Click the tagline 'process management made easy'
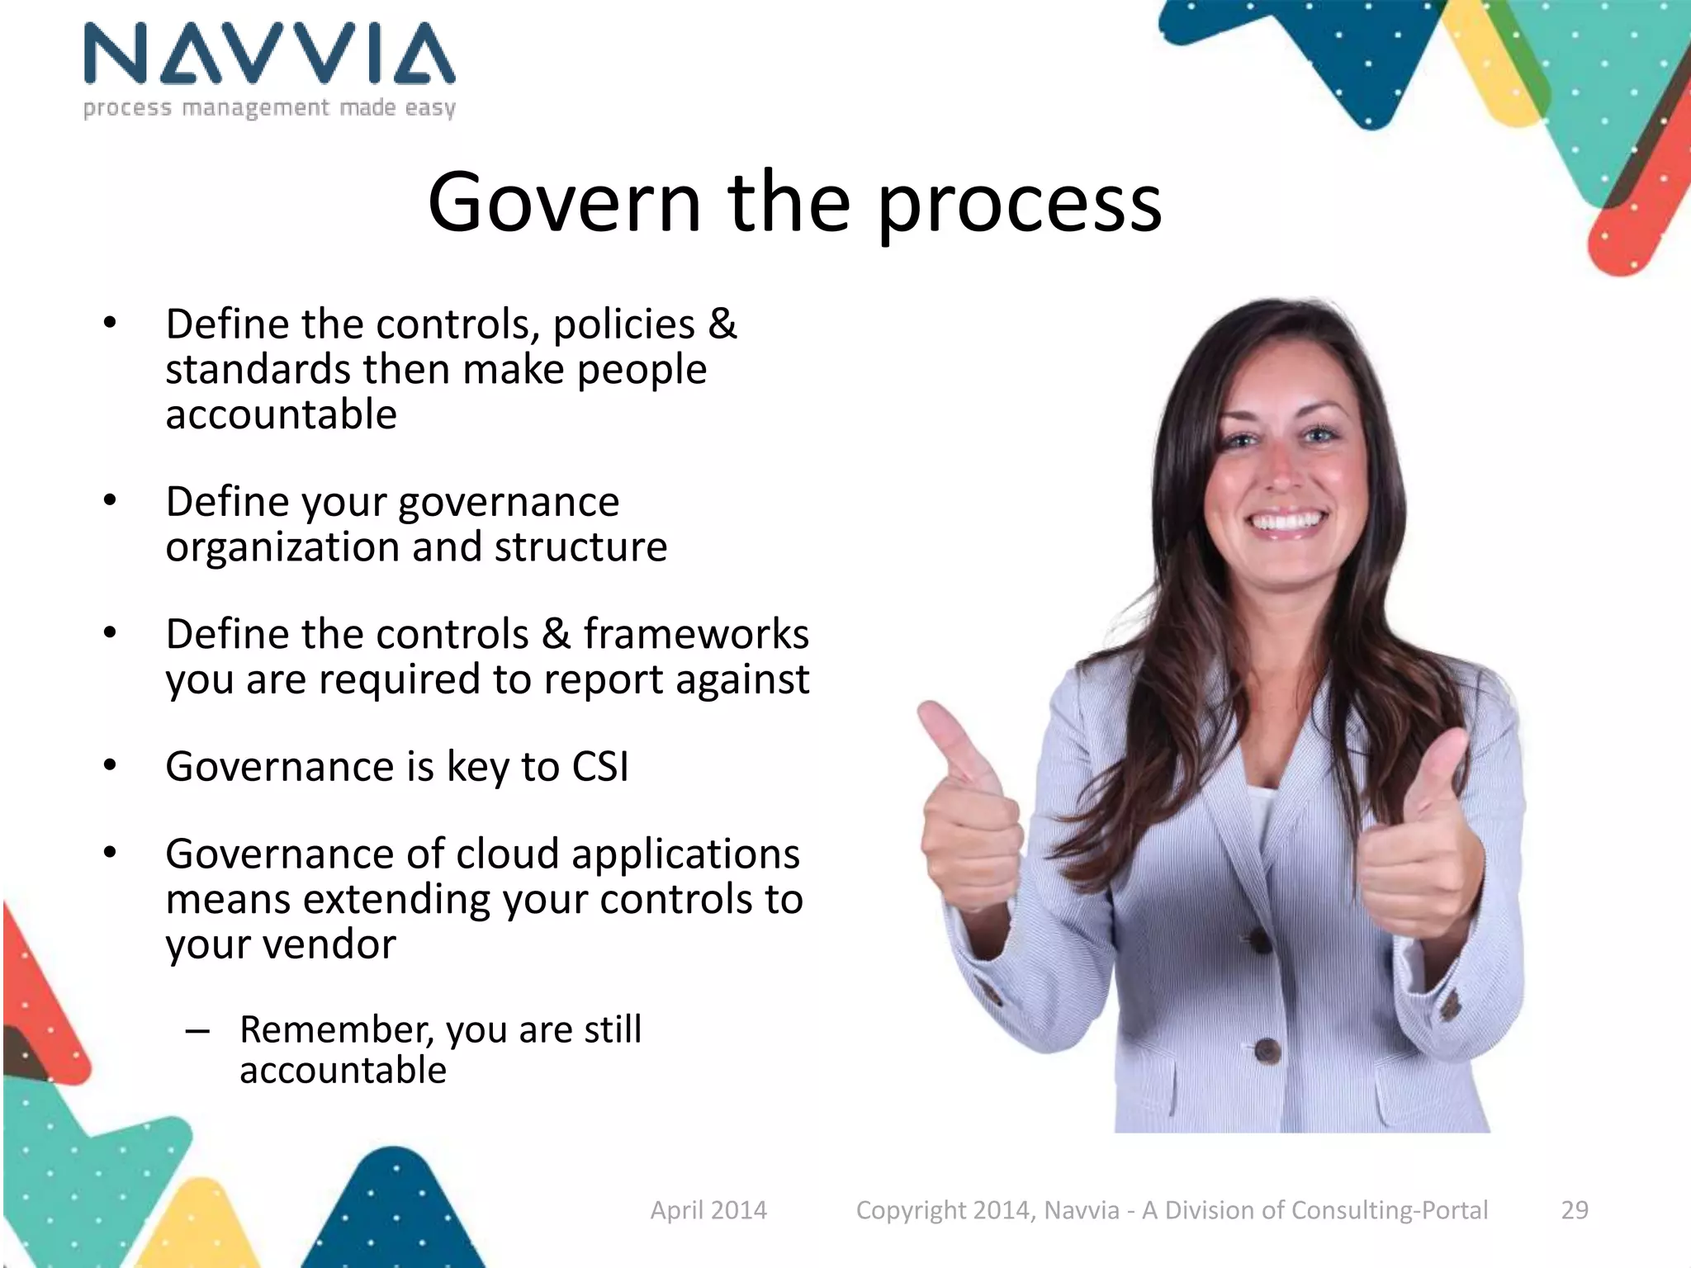click(x=269, y=108)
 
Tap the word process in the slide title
click(x=1019, y=206)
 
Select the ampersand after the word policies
click(x=722, y=323)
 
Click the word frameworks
click(x=696, y=634)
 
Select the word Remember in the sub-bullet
click(x=337, y=1029)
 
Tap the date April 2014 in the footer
click(x=708, y=1210)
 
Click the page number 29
click(x=1575, y=1210)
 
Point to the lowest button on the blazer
click(x=1267, y=1051)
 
